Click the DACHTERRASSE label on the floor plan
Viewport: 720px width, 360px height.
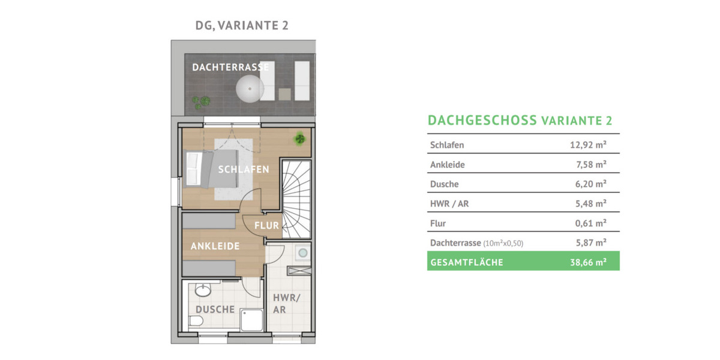(230, 67)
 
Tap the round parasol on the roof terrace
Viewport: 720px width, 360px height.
(250, 91)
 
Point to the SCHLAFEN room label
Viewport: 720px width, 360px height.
(244, 169)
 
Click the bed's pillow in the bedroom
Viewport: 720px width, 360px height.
(193, 170)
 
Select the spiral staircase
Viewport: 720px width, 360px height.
(296, 199)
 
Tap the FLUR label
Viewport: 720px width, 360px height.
(267, 226)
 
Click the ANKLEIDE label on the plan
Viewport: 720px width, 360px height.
(215, 246)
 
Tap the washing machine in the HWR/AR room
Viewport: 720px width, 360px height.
(304, 254)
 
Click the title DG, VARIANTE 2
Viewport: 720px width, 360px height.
(238, 25)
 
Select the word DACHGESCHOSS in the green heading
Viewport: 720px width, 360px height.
(482, 120)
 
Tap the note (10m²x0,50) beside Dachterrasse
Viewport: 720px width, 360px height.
(508, 243)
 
